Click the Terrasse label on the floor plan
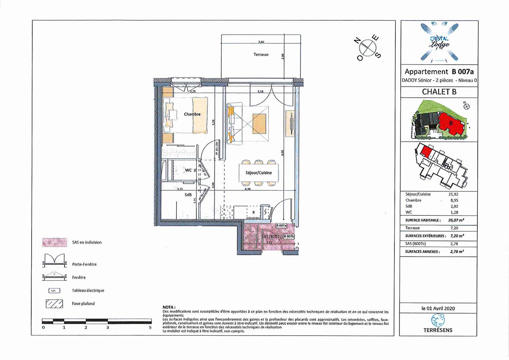click(261, 55)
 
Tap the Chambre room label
click(192, 114)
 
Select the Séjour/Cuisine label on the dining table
click(258, 173)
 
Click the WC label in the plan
click(188, 170)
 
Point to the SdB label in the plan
click(188, 195)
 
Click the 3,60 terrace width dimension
click(261, 42)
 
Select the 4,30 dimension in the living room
click(248, 189)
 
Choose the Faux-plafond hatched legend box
click(54, 304)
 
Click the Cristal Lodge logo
click(439, 42)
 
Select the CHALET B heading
click(439, 92)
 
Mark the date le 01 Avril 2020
click(438, 308)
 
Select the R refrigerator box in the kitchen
click(254, 212)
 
